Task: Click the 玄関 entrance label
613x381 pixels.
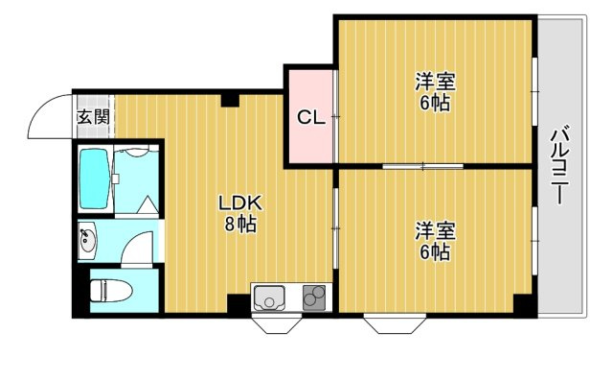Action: [x=93, y=117]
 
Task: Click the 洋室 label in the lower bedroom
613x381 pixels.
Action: [x=434, y=230]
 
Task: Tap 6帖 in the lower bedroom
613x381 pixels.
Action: [x=434, y=252]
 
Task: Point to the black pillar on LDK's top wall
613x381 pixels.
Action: [x=230, y=98]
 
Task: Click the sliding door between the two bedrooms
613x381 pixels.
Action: [x=421, y=166]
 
